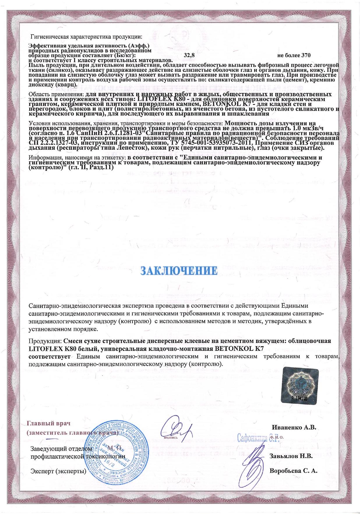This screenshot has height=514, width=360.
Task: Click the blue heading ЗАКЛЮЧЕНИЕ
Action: [179, 270]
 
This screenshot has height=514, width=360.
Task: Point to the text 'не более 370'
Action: [294, 55]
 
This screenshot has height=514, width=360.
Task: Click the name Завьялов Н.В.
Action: [292, 456]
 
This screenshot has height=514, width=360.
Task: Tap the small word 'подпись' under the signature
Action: [171, 437]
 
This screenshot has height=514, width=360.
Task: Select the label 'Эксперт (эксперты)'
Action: [59, 471]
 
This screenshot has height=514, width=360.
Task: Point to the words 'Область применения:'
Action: [56, 95]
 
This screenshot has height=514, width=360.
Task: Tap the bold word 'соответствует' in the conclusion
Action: [50, 356]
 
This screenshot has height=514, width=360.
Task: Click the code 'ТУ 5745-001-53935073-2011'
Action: [212, 143]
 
